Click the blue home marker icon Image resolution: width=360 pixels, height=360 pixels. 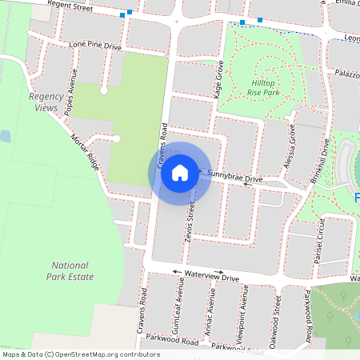pos(180,173)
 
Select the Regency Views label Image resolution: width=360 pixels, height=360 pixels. pos(44,102)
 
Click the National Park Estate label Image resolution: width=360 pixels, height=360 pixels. pos(73,271)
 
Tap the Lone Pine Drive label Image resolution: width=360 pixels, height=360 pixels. pos(94,46)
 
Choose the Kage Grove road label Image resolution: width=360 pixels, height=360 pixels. pos(218,82)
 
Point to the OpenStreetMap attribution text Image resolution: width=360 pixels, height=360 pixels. pos(81,354)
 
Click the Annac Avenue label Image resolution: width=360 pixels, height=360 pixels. pos(212,314)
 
